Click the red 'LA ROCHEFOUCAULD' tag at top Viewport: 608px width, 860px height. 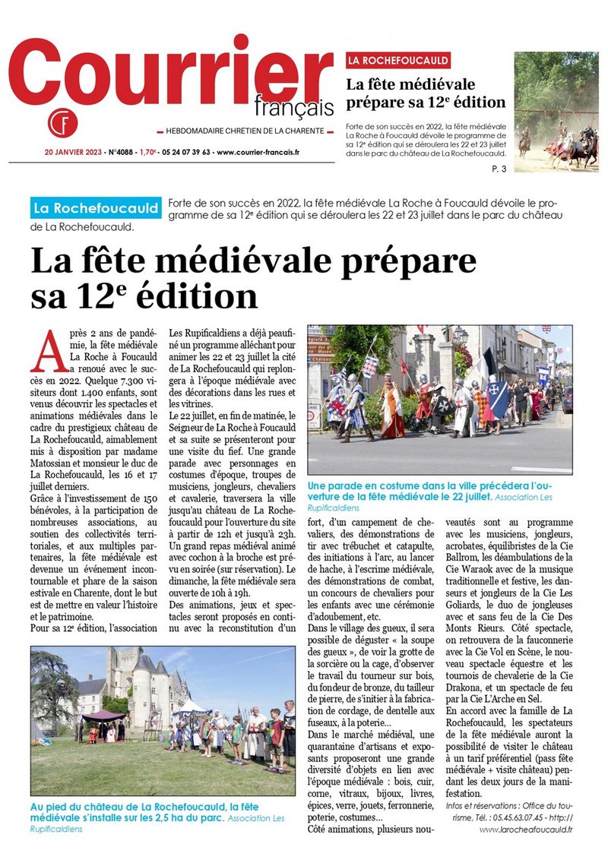(398, 60)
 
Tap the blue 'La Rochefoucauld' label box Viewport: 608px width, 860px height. (96, 207)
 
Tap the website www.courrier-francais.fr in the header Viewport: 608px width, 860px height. (258, 151)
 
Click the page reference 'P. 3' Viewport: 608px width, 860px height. (499, 169)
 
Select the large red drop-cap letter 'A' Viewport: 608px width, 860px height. (49, 349)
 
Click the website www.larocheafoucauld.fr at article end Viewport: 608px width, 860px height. (525, 829)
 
